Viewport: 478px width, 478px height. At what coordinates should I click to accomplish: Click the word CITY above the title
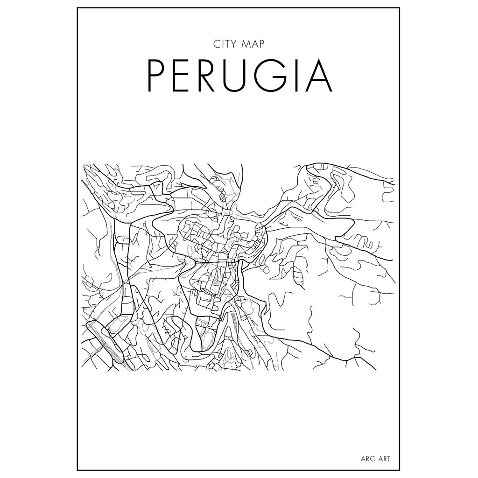[x=223, y=45]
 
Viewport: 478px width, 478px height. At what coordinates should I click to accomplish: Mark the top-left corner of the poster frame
[x=77, y=8]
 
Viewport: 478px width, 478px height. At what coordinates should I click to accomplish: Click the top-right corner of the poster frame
[x=401, y=8]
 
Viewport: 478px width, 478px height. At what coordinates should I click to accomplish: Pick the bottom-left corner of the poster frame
[x=77, y=470]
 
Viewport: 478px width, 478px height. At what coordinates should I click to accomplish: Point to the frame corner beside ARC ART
[x=401, y=470]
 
